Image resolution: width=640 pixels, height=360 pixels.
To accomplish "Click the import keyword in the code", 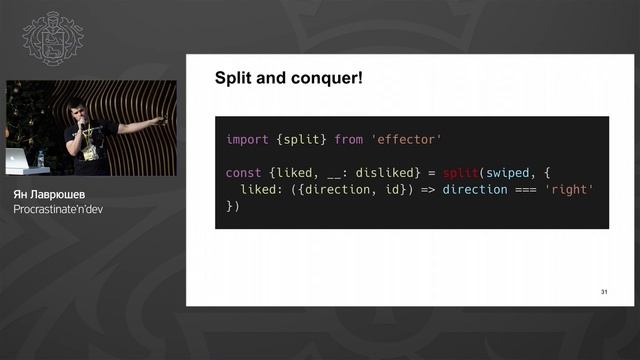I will pyautogui.click(x=246, y=140).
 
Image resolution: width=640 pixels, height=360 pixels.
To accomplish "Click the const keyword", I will pyautogui.click(x=243, y=173).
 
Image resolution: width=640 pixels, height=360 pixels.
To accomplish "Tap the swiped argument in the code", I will pyautogui.click(x=509, y=173).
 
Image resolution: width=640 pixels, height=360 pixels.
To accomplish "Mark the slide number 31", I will pyautogui.click(x=604, y=292).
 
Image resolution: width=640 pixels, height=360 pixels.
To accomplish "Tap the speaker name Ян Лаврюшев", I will pyautogui.click(x=47, y=194).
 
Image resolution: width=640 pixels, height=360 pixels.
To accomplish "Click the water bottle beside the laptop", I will pyautogui.click(x=40, y=158).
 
